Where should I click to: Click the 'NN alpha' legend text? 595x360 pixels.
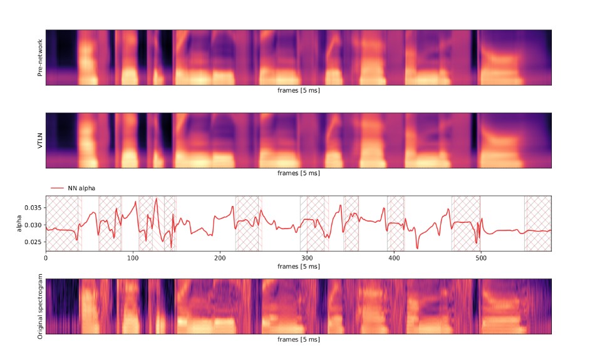(81, 187)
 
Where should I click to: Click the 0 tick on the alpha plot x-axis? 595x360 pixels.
(46, 257)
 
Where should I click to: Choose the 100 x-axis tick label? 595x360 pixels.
(133, 257)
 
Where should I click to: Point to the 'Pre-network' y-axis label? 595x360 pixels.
(39, 57)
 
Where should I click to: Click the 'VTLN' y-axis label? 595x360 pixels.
(39, 140)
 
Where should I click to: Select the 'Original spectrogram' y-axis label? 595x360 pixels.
(39, 306)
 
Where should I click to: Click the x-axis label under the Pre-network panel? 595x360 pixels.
(299, 91)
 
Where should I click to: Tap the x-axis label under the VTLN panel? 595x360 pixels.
(299, 173)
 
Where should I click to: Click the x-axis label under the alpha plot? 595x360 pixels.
(299, 265)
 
